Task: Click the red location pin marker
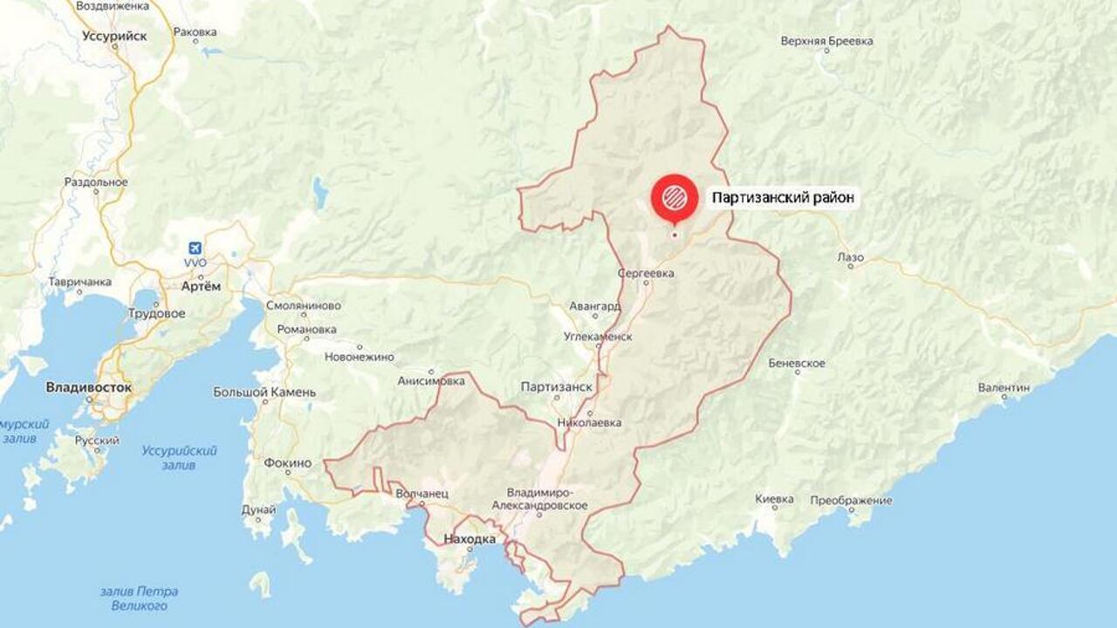[674, 197]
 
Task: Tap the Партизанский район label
[782, 198]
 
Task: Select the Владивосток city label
[89, 386]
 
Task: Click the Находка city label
[469, 539]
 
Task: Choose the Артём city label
[202, 286]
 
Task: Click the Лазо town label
[850, 257]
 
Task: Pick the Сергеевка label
[647, 273]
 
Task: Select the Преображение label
[851, 501]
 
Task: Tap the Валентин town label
[1004, 386]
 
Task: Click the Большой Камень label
[264, 392]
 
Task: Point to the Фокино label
[288, 463]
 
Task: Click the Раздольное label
[96, 182]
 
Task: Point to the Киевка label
[775, 499]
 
